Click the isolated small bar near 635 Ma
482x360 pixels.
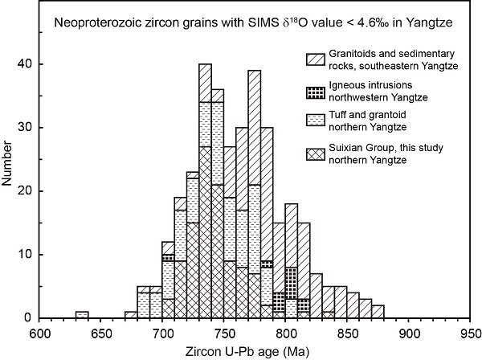(82, 315)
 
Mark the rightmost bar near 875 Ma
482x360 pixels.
(378, 312)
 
